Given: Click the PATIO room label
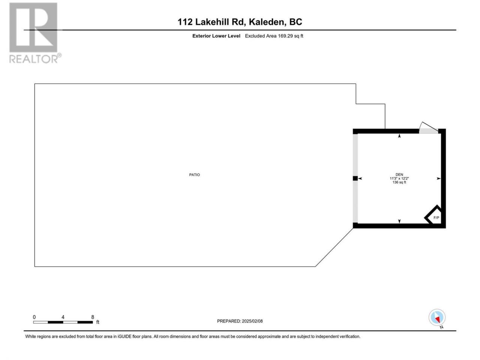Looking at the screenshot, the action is (x=194, y=175).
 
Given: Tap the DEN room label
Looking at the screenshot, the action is (x=399, y=174).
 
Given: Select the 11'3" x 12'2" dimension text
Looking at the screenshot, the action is (x=399, y=178).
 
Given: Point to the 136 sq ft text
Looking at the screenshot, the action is (x=399, y=182).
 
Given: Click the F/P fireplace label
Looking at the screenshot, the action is (x=436, y=217).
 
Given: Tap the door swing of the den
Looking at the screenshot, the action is (x=428, y=127).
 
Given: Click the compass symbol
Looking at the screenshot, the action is (x=437, y=317).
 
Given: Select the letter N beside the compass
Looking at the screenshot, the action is (x=441, y=327).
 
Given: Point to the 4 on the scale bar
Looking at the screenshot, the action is (x=63, y=317).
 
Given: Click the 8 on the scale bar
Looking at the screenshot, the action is (x=93, y=317).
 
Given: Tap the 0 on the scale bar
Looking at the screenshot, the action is (x=34, y=317).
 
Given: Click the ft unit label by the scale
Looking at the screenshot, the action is (x=97, y=322).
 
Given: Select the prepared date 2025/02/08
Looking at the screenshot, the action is (x=252, y=321).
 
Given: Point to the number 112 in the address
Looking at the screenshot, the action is (x=185, y=22).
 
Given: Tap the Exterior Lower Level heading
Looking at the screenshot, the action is (x=216, y=36).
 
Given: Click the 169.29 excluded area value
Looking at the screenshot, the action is (x=285, y=36).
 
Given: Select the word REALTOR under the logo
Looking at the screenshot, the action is (x=33, y=59).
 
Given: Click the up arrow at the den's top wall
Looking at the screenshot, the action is (x=399, y=136).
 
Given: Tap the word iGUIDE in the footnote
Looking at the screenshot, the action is (x=124, y=336).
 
